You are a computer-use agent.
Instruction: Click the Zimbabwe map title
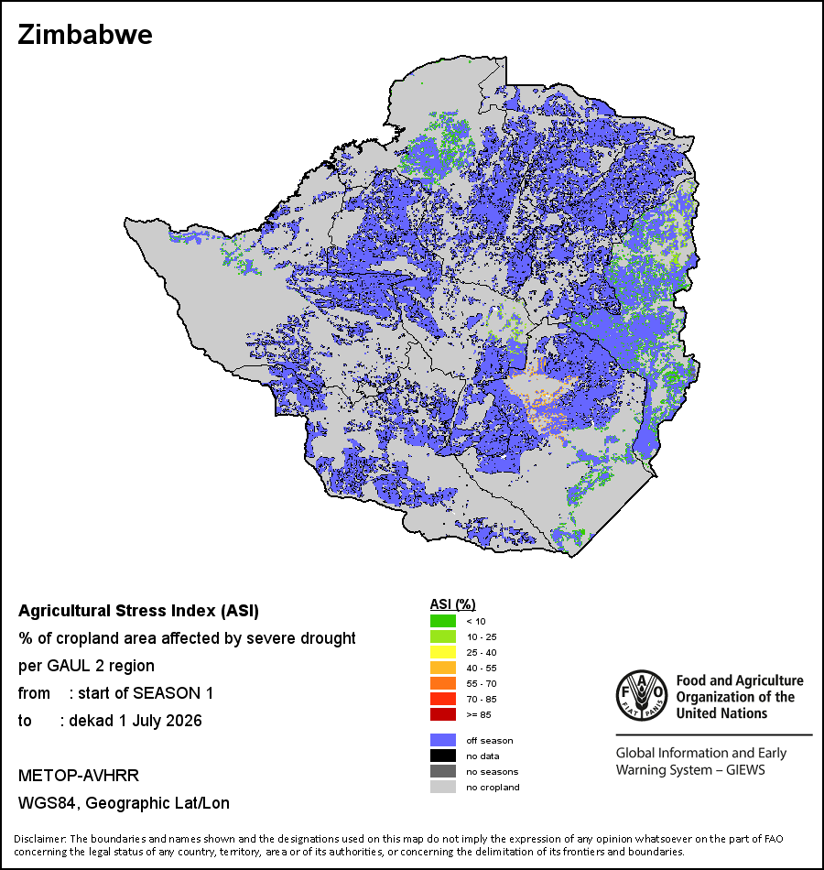[85, 35]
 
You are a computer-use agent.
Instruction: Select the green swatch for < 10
[443, 621]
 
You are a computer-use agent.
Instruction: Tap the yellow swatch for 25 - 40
[443, 652]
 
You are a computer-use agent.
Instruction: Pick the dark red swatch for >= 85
[443, 714]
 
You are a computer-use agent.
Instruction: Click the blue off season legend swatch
[443, 740]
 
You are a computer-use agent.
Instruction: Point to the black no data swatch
[443, 756]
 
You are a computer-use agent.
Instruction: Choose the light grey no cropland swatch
[443, 787]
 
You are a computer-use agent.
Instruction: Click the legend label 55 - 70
[481, 683]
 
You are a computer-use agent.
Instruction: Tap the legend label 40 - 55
[481, 668]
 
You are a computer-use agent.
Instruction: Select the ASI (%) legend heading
[453, 604]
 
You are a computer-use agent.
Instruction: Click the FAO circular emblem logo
[642, 695]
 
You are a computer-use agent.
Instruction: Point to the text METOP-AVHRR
[78, 775]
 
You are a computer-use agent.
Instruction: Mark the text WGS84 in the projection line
[46, 803]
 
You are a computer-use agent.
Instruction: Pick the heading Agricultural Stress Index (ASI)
[139, 611]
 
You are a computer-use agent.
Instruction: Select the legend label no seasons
[493, 772]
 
